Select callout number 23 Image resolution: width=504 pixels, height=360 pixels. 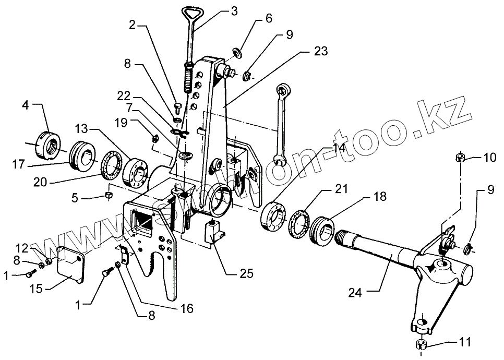point(321,51)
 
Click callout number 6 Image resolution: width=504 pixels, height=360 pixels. point(269,19)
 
